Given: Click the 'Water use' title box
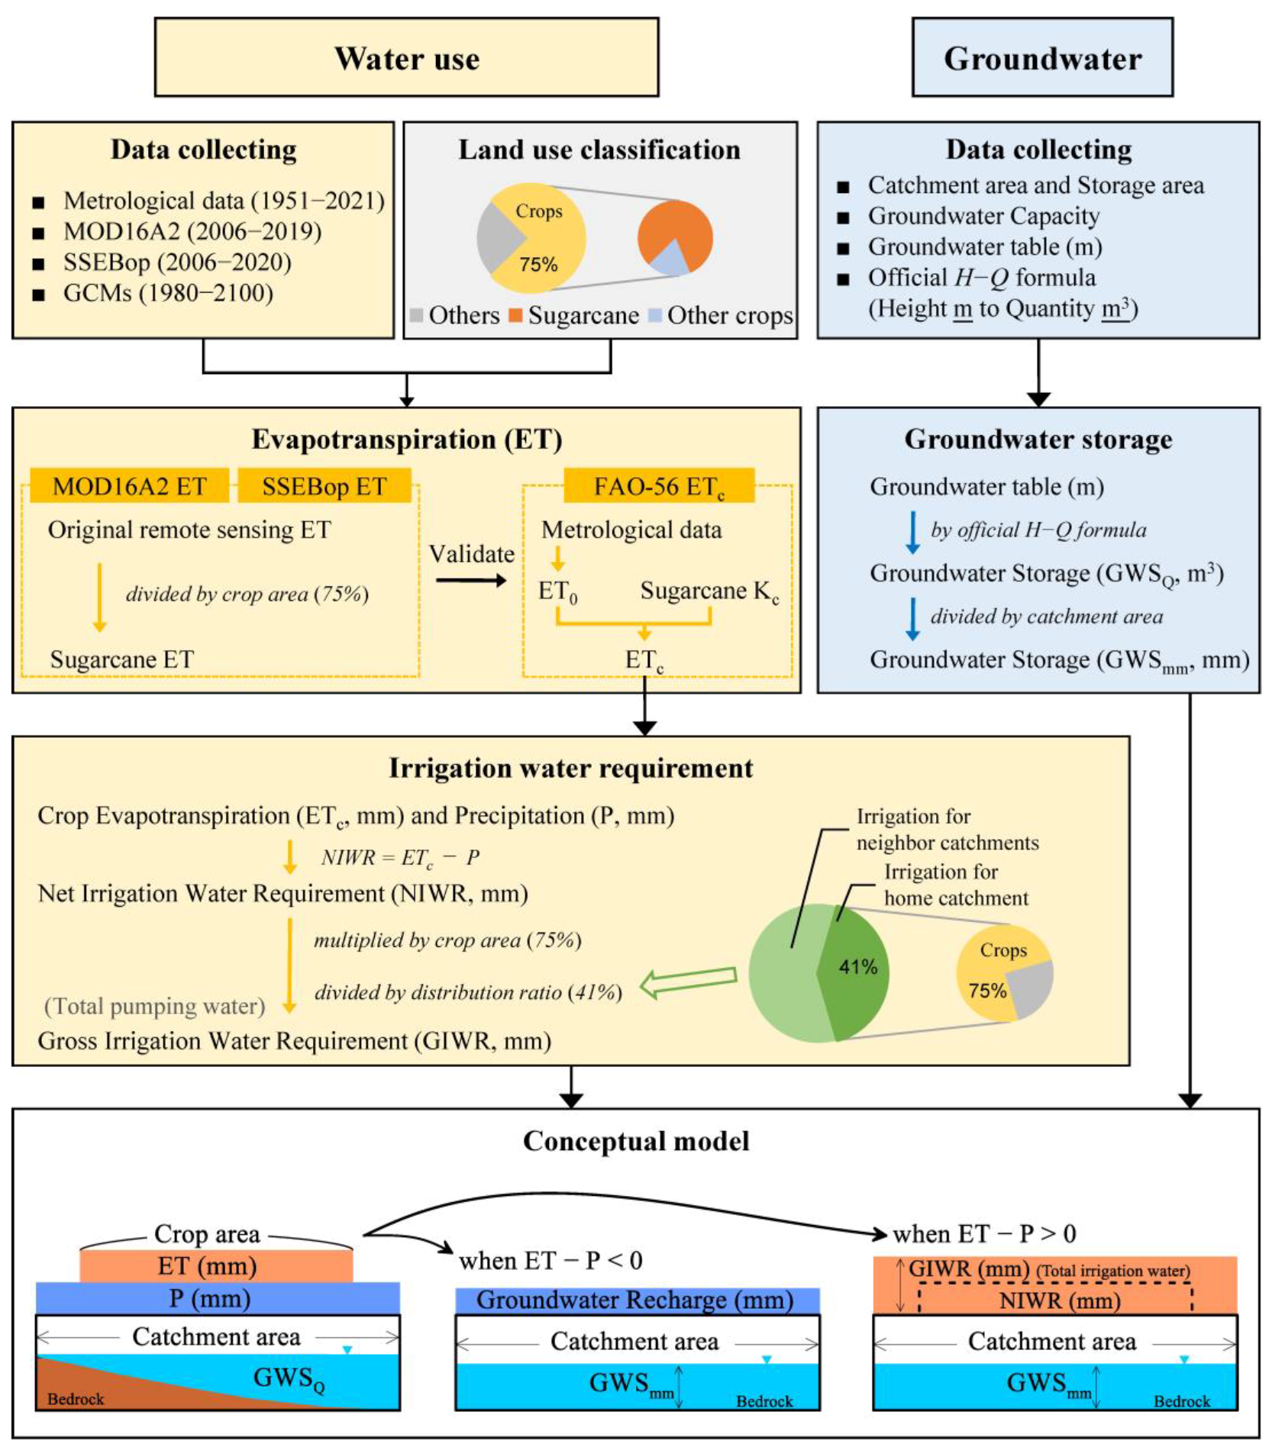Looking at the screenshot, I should [406, 58].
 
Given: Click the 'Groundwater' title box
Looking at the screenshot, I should [1042, 58].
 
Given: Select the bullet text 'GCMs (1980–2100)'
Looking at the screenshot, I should [168, 293].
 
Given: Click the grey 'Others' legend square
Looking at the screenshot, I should [416, 315].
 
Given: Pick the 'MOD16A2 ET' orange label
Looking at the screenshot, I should [129, 486].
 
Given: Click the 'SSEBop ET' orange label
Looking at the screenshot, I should [324, 486].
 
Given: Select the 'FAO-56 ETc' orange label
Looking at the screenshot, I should [659, 486].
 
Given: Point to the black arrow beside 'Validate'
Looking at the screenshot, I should [471, 581].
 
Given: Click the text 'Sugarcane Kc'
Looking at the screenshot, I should [709, 591].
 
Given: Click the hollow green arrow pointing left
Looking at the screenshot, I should [687, 981].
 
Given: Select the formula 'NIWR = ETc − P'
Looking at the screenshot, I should [400, 858].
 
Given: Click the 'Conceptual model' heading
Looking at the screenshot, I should [636, 1141].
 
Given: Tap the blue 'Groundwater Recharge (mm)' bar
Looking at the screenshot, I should [637, 1300].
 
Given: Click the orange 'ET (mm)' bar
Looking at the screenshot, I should [216, 1266].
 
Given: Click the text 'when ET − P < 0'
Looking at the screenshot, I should [550, 1261].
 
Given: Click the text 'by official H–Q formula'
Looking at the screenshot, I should [1038, 530].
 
